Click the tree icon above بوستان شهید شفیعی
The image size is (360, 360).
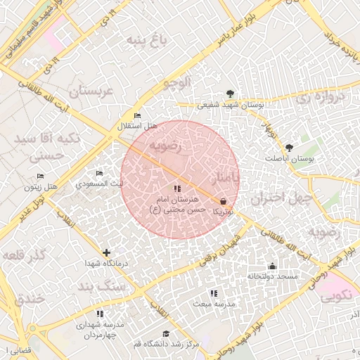pyautogui.click(x=230, y=94)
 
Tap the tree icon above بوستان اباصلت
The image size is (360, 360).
pyautogui.click(x=290, y=148)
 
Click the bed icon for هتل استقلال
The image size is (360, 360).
pyautogui.click(x=137, y=115)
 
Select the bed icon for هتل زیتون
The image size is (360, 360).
pyautogui.click(x=41, y=176)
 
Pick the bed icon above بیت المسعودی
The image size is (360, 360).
pyautogui.click(x=99, y=173)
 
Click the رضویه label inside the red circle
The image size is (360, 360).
pyautogui.click(x=165, y=146)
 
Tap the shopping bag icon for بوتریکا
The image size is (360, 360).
pyautogui.click(x=223, y=201)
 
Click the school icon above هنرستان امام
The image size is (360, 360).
pyautogui.click(x=177, y=188)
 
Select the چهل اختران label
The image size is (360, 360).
pyautogui.click(x=281, y=199)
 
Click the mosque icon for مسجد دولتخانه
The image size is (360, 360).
pyautogui.click(x=273, y=266)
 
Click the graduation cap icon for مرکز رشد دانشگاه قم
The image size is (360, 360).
pyautogui.click(x=166, y=334)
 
